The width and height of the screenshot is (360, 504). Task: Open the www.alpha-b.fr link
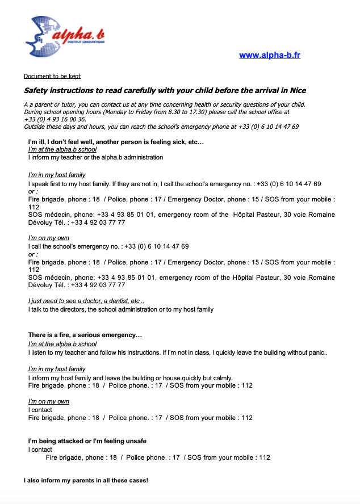tap(270, 55)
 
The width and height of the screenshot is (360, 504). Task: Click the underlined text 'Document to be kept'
tap(52, 76)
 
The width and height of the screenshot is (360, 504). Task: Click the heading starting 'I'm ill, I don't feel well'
tap(116, 141)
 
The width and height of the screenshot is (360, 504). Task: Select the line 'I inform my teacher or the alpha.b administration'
tap(95, 157)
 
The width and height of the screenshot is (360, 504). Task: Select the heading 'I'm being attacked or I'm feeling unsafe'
tap(88, 441)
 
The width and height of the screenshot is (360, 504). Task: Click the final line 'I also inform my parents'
tap(86, 481)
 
